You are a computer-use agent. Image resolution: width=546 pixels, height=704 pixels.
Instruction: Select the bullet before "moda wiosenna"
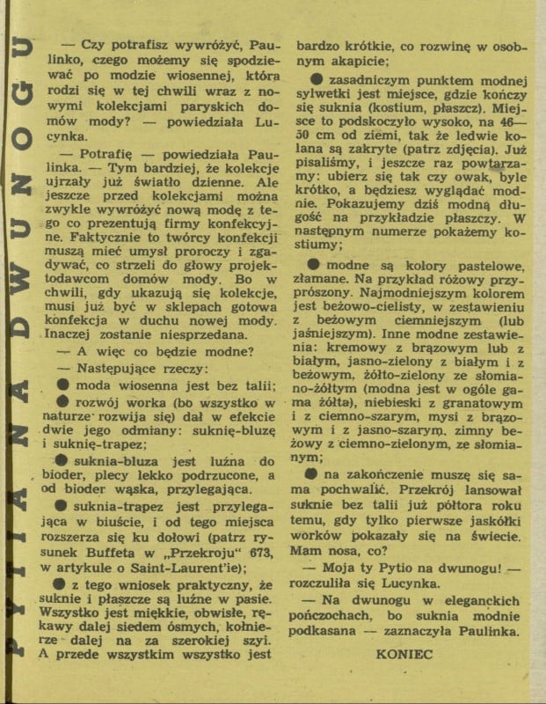pos(62,385)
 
